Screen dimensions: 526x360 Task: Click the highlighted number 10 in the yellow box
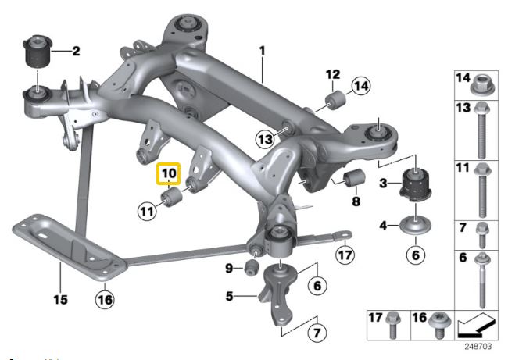[169, 173]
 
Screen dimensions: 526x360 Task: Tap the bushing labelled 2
[38, 51]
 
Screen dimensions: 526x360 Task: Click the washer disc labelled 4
[416, 225]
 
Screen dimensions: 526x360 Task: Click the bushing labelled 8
[354, 177]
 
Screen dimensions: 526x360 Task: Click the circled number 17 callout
[345, 255]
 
